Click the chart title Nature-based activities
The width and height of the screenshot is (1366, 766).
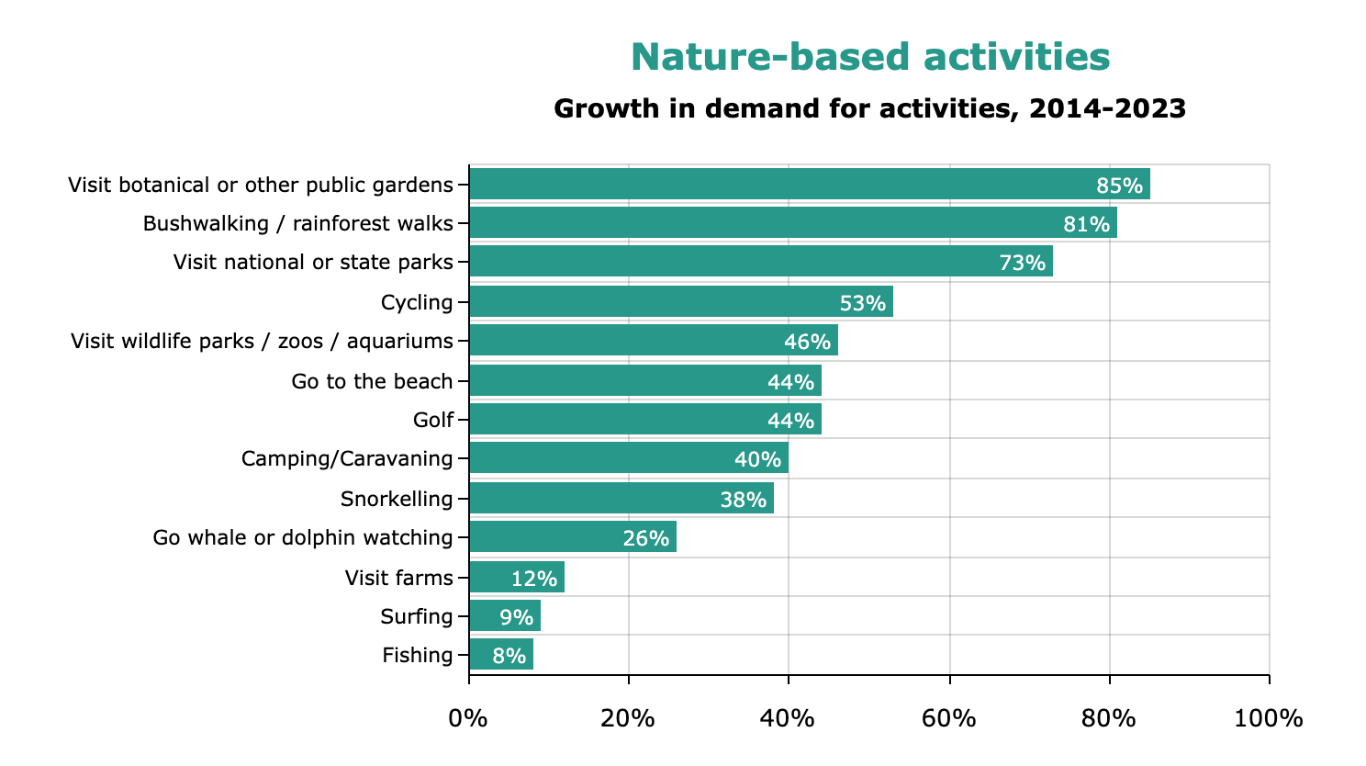(x=869, y=57)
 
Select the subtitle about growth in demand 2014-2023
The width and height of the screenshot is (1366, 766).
(x=869, y=109)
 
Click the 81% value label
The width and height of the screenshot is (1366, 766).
(x=1086, y=224)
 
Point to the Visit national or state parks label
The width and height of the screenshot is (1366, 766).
(x=313, y=263)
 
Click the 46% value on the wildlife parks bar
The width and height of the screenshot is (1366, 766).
(x=807, y=342)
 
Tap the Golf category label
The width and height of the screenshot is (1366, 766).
(x=433, y=421)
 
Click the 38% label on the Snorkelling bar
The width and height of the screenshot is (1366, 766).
(x=743, y=500)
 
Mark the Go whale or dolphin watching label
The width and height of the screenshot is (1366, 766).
(x=303, y=537)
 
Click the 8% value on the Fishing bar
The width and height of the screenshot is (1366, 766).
(x=509, y=656)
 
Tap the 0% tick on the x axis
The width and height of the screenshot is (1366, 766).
(x=468, y=717)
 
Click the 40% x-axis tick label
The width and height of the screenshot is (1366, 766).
(x=788, y=717)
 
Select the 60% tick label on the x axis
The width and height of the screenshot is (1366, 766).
(x=948, y=717)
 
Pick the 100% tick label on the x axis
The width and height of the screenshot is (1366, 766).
(x=1268, y=717)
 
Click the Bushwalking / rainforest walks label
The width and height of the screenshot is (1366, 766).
(x=298, y=224)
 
